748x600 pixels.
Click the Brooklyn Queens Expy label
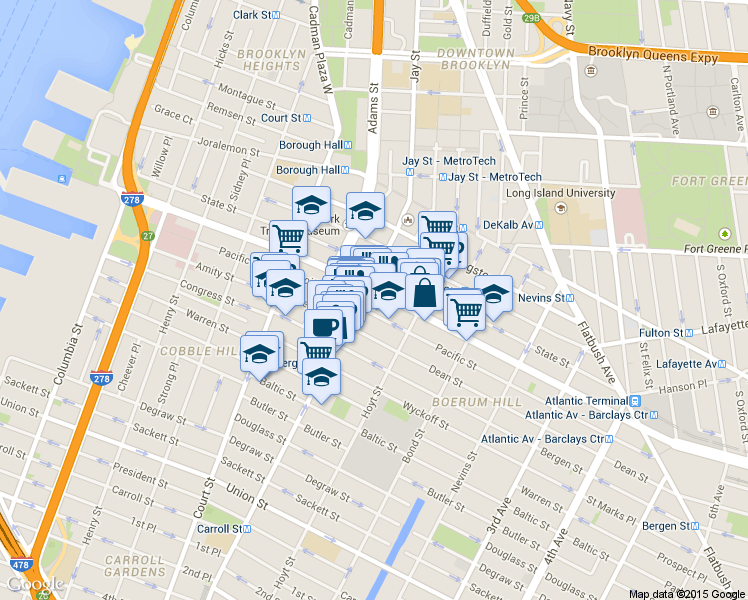(653, 57)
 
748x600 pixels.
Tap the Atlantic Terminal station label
(593, 401)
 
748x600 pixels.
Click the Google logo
(35, 583)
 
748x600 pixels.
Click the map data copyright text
(687, 593)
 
